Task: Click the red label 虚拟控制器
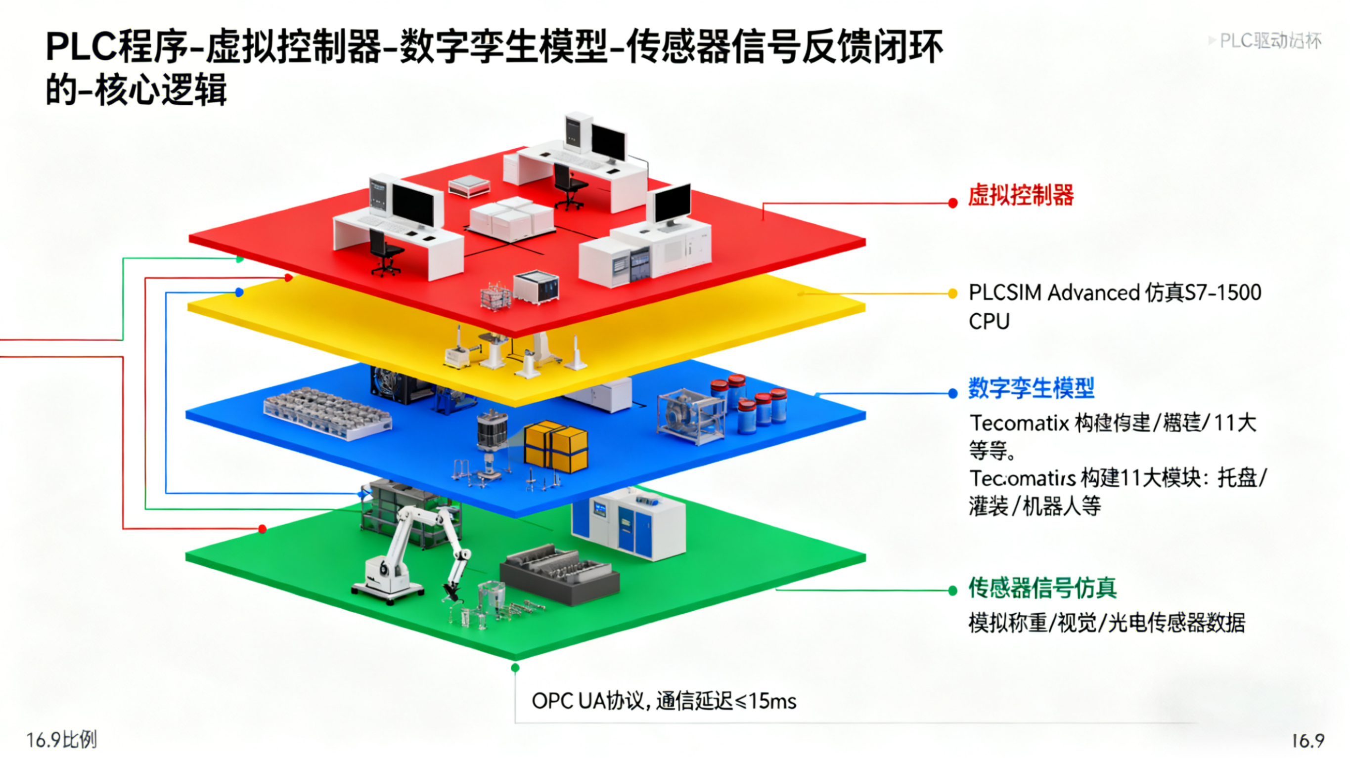coord(1020,195)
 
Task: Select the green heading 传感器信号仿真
coord(1042,588)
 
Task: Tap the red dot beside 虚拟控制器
coord(953,203)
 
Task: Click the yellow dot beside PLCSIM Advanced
coord(953,294)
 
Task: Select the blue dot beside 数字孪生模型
coord(953,394)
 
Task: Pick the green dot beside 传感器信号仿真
coord(953,591)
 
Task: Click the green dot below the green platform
coord(515,668)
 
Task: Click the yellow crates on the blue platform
coord(555,445)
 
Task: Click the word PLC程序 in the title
coord(115,47)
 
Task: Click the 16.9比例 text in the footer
coord(61,740)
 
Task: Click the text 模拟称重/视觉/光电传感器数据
coord(1106,623)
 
